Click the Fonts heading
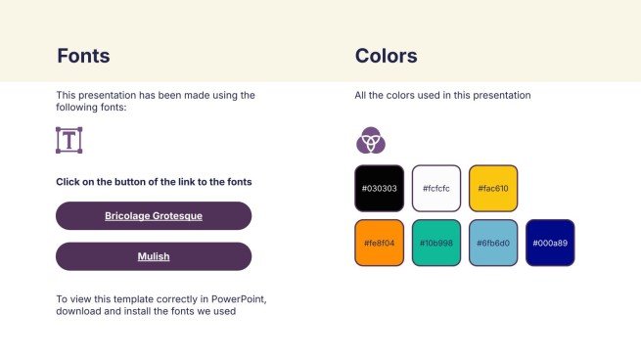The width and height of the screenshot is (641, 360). click(x=83, y=56)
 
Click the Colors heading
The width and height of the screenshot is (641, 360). click(x=386, y=56)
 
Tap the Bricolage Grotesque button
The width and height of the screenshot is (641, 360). click(x=154, y=215)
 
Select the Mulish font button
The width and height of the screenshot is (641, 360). click(x=154, y=256)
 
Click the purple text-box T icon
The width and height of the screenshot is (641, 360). click(x=69, y=140)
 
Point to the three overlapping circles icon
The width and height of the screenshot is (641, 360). click(x=370, y=141)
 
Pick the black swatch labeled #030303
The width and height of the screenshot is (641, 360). click(x=379, y=188)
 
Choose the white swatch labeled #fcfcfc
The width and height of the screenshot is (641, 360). click(x=435, y=188)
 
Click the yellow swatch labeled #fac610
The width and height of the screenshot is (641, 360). click(x=492, y=188)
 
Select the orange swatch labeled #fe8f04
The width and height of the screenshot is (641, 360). click(x=379, y=243)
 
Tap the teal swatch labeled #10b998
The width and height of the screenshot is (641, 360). click(x=435, y=243)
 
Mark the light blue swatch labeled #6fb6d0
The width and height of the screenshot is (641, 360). click(x=492, y=243)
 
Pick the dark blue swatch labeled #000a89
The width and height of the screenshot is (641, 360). click(x=549, y=243)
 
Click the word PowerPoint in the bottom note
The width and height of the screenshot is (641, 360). click(x=235, y=298)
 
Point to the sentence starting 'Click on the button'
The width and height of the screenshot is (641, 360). click(x=154, y=182)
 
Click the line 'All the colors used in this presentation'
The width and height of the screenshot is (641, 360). click(x=442, y=96)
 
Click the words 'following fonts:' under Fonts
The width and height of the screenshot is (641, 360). click(x=91, y=108)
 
